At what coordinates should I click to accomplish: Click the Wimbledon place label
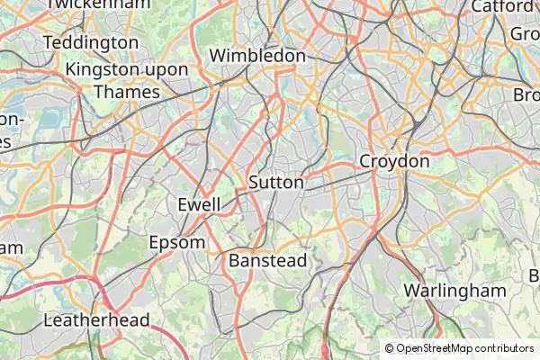[x=257, y=56]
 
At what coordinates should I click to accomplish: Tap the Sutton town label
[x=276, y=182]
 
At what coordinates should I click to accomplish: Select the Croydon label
[x=394, y=161]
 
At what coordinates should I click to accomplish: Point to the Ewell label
[x=199, y=204]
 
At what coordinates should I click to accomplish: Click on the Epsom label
[x=176, y=242]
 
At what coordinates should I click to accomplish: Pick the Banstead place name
[x=267, y=260]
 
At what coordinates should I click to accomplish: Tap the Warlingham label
[x=455, y=291]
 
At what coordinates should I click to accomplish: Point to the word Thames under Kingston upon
[x=126, y=92]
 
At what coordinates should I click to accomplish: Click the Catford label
[x=501, y=6]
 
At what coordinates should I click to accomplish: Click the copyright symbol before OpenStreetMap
[x=390, y=348]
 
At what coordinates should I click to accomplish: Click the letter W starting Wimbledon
[x=217, y=56]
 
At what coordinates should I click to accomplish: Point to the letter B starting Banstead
[x=234, y=260]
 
